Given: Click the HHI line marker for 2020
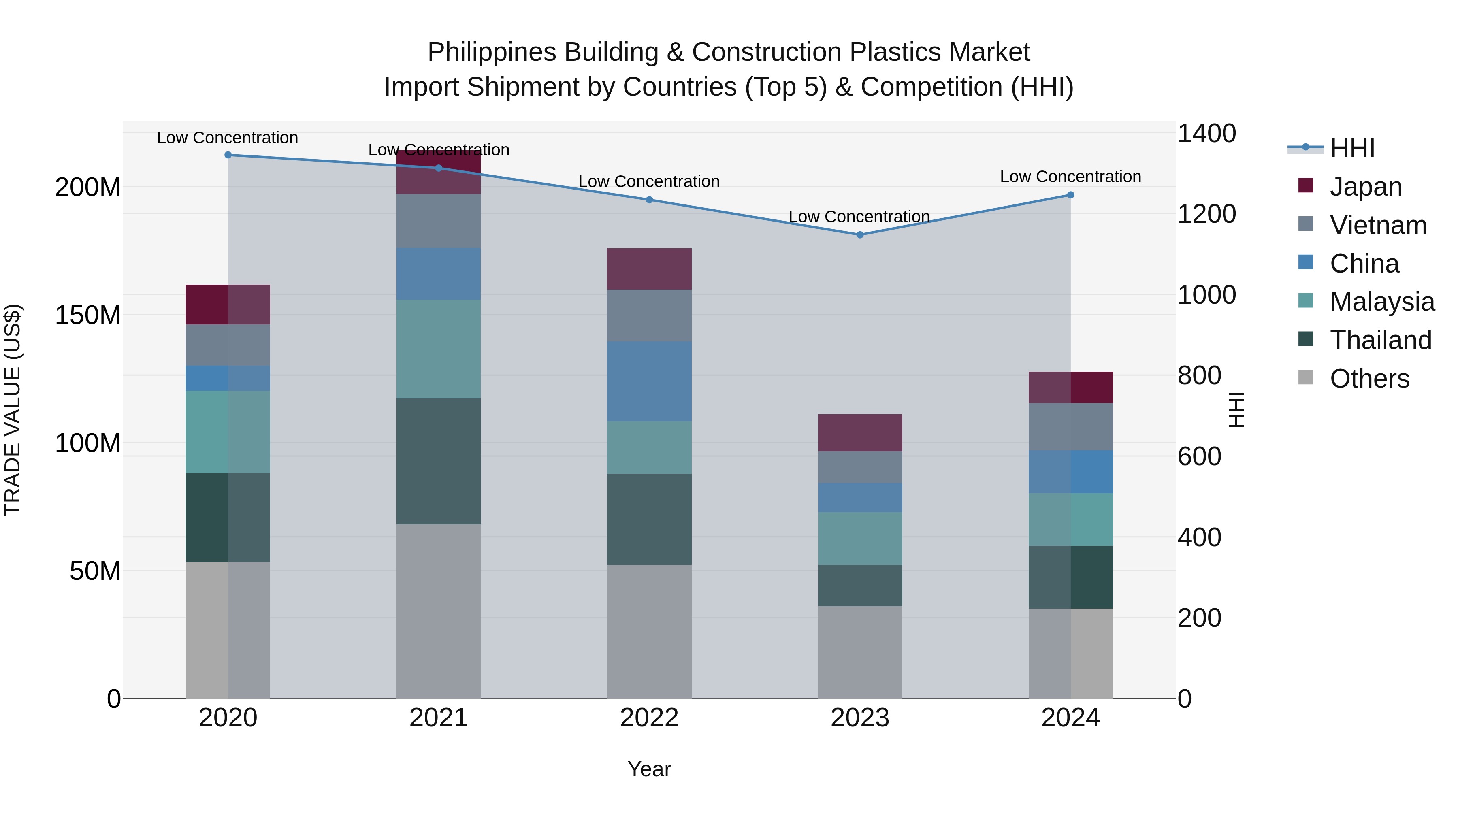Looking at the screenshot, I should point(228,155).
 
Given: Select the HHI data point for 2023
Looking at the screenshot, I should point(860,235).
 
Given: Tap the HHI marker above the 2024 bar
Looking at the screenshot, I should point(1070,195).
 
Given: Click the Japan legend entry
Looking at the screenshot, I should point(1365,187).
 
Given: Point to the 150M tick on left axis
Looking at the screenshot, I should point(88,315).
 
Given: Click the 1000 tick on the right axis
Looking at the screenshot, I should point(1206,295).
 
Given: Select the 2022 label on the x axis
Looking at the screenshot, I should point(649,718).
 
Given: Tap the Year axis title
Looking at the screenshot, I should point(649,769).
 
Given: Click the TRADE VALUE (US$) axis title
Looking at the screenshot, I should point(13,410).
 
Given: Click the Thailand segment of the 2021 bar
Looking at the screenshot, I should point(439,461).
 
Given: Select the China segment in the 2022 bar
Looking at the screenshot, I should point(649,381).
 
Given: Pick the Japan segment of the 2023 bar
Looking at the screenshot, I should point(860,432).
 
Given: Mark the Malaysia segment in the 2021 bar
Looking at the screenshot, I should point(439,349).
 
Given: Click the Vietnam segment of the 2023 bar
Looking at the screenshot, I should point(860,467).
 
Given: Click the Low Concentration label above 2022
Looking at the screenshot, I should point(649,182).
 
